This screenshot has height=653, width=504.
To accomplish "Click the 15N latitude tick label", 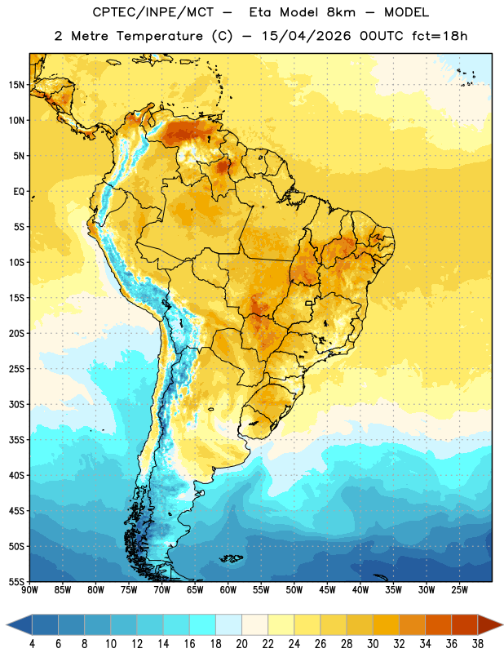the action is [16, 85].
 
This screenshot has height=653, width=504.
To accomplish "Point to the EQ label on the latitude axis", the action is [19, 192].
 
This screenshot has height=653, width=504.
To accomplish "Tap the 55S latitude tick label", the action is [16, 581].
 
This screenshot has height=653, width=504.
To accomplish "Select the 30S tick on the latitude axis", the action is [16, 404].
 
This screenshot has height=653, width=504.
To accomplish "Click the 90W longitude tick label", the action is [29, 590].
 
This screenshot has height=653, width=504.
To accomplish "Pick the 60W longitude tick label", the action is [228, 590].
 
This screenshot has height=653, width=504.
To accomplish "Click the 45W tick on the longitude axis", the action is [327, 590].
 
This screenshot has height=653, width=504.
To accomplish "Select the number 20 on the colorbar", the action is [241, 644].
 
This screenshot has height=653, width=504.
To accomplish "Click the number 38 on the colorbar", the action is [477, 644].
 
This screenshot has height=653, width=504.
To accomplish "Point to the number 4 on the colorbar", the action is [32, 644].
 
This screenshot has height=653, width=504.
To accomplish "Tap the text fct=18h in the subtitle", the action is [440, 36].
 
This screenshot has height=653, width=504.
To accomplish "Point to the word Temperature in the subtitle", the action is [160, 36].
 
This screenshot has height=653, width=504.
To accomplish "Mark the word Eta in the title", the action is [260, 12].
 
